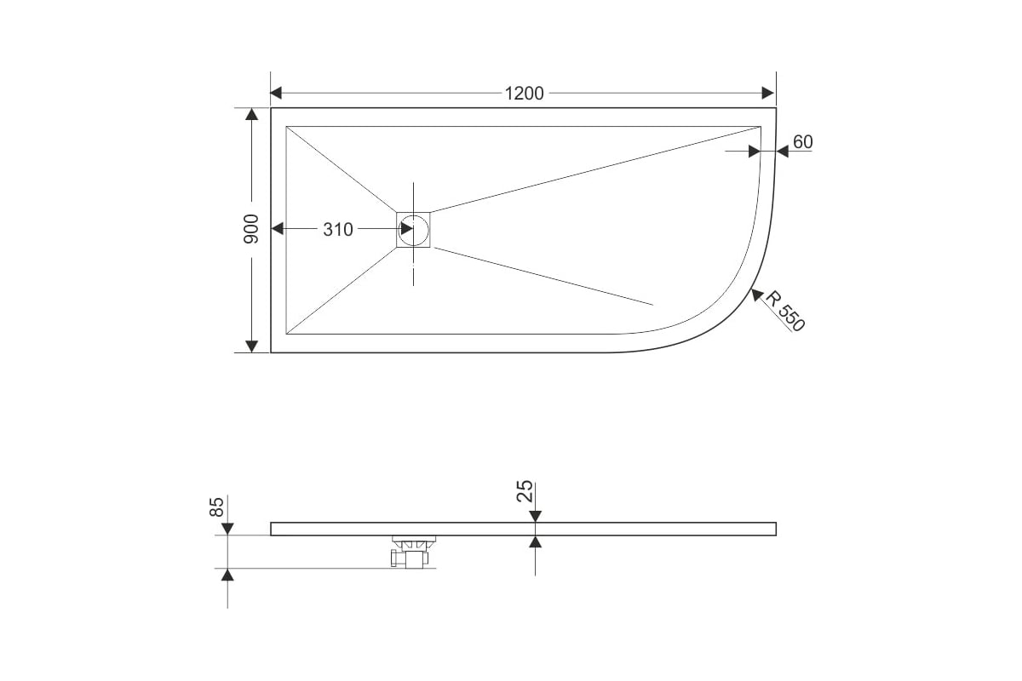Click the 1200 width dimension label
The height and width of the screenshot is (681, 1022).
tap(524, 94)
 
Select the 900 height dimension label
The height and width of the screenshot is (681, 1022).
tap(251, 228)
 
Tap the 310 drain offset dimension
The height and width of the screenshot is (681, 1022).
tap(338, 230)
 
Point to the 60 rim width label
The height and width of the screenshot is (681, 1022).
tap(803, 142)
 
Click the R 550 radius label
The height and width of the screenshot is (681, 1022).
tap(784, 311)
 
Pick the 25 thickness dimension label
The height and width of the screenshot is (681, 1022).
tap(525, 491)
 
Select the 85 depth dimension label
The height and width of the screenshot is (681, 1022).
tap(216, 506)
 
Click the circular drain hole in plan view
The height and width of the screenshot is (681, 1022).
tap(413, 229)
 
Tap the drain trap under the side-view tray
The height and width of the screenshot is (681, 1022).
tap(412, 552)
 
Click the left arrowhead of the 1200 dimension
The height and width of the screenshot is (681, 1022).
tap(276, 93)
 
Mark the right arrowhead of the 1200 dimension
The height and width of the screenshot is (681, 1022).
tap(768, 93)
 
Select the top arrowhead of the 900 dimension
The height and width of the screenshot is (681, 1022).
tap(251, 114)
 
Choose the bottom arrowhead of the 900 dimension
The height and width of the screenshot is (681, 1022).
tap(251, 346)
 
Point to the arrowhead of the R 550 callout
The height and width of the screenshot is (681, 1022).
tap(757, 295)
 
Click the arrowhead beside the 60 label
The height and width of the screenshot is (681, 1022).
tap(783, 151)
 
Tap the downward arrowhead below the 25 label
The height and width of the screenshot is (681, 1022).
tap(535, 517)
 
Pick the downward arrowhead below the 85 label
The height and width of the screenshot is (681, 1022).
tap(227, 529)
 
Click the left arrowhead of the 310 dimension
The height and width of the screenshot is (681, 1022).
tap(277, 228)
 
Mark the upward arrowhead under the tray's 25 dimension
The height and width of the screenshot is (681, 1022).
tap(535, 541)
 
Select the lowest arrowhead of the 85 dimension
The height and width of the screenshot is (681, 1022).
tap(227, 575)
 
